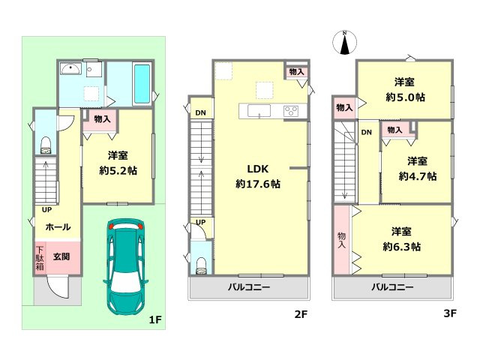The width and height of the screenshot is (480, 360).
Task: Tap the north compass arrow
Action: (x=343, y=43)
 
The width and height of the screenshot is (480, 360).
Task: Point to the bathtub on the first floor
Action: (x=142, y=84)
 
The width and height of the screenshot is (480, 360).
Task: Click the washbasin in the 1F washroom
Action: (x=71, y=71)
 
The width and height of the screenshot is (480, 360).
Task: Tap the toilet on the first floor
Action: (x=45, y=143)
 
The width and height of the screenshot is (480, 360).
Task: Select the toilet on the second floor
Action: (x=200, y=263)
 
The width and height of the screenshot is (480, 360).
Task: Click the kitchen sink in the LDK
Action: (x=259, y=112)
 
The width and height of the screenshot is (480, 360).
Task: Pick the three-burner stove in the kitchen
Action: (x=291, y=112)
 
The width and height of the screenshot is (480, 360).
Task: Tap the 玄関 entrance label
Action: (x=61, y=256)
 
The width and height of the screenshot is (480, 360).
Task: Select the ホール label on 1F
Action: (x=58, y=226)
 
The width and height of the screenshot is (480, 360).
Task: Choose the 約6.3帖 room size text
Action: (x=403, y=246)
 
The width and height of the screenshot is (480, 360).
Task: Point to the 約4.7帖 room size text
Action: (x=418, y=176)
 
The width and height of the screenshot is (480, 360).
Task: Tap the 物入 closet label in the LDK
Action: (x=296, y=72)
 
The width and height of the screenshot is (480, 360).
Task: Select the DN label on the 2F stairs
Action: (x=200, y=114)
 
